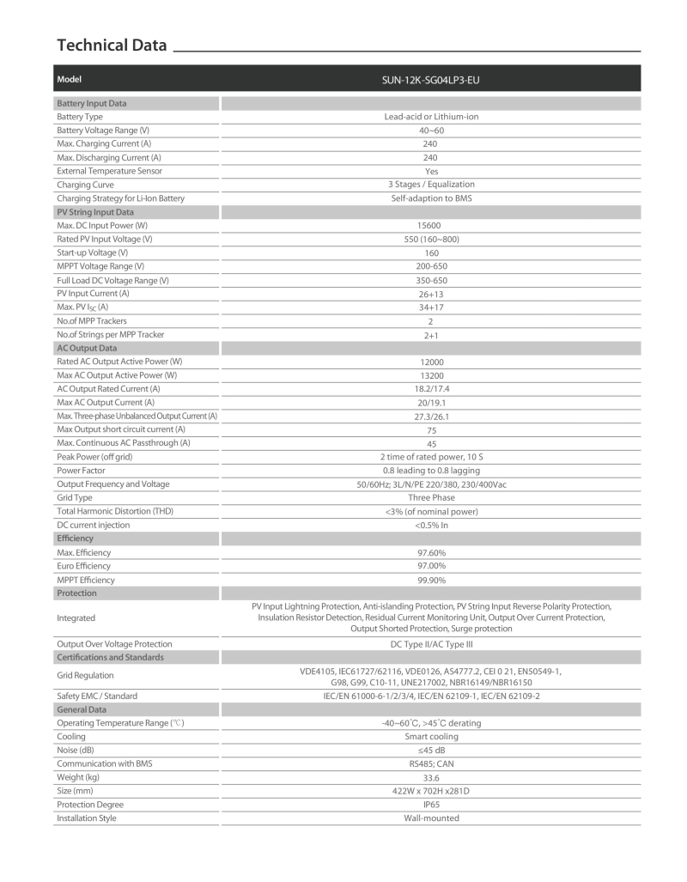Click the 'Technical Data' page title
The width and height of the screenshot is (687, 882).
[112, 46]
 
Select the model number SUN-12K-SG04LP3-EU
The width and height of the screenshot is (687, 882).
[430, 80]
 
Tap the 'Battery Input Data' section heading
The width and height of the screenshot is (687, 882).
[91, 103]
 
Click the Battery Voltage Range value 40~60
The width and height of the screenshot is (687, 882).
[430, 131]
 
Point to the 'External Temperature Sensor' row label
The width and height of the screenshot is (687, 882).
[109, 171]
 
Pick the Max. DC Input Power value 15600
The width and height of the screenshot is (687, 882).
[430, 226]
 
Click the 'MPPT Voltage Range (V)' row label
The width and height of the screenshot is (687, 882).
[100, 266]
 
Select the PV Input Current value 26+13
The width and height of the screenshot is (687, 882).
[430, 294]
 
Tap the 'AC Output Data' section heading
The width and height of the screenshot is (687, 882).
[87, 348]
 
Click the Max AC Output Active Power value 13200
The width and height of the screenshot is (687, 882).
[430, 375]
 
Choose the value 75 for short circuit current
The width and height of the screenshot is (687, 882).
[430, 430]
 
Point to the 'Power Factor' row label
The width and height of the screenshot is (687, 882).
[81, 471]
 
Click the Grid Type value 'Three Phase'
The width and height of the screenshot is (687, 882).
[430, 498]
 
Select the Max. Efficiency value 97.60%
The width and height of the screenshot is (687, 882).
[430, 553]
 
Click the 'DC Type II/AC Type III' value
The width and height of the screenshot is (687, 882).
[430, 644]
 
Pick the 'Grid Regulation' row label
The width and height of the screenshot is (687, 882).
[86, 676]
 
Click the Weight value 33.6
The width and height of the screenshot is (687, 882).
[430, 777]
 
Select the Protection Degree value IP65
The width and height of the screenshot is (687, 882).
[430, 805]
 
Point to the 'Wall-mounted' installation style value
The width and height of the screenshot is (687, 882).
[430, 818]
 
